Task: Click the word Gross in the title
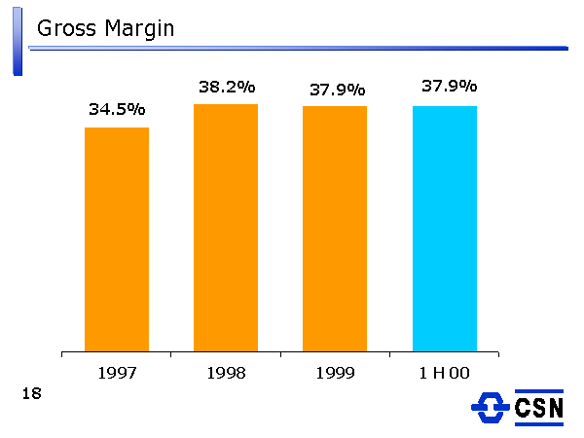[66, 29]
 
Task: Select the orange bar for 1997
[117, 238]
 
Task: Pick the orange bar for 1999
[335, 228]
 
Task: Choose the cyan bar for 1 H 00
[445, 228]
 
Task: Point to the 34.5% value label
[117, 109]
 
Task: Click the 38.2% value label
[227, 87]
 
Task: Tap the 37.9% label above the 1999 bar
[337, 90]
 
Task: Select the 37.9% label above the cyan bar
[449, 87]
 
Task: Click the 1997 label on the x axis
[117, 373]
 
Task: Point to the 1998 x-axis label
[226, 373]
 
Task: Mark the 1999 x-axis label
[335, 373]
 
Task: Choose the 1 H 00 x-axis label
[445, 373]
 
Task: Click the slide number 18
[31, 393]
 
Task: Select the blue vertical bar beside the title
[17, 40]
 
